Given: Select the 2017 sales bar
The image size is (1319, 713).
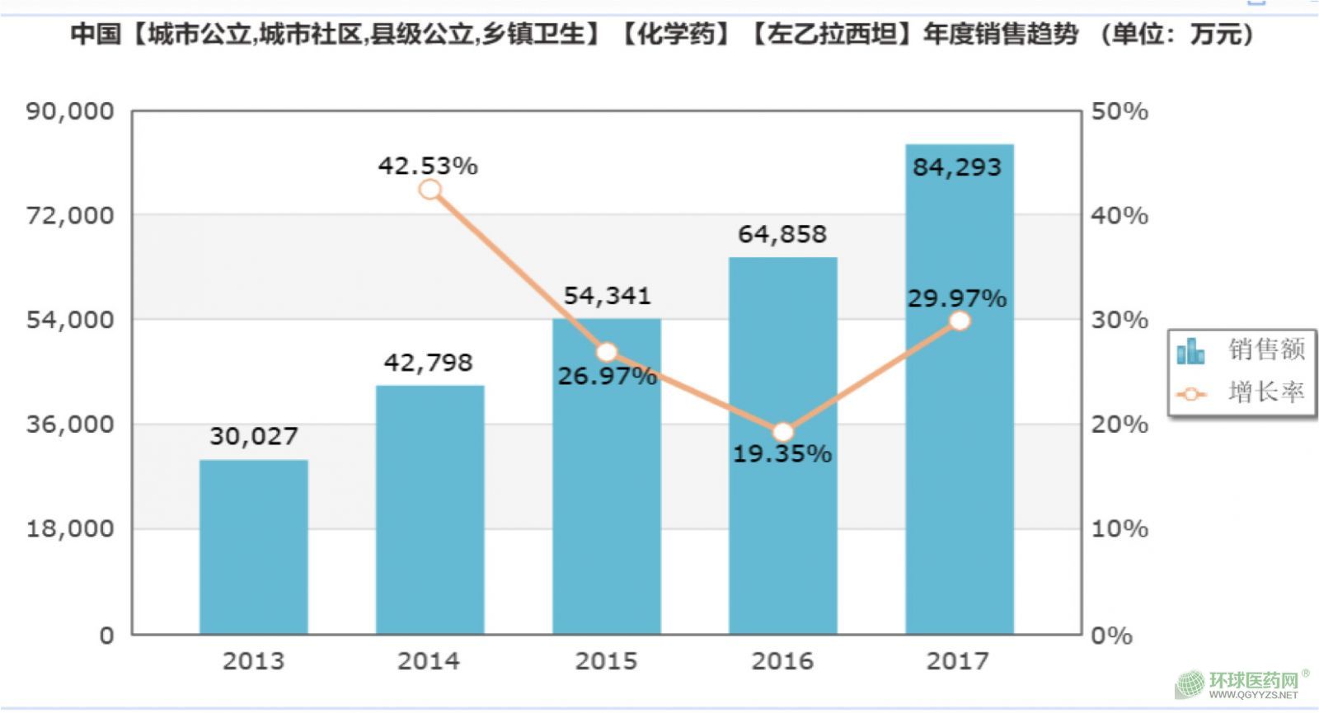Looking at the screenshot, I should [959, 462].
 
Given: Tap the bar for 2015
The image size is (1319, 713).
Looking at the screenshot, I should [607, 495].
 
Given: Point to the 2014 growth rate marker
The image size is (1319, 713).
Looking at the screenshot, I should [429, 190].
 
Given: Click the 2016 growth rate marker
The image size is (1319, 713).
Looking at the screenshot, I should [783, 432].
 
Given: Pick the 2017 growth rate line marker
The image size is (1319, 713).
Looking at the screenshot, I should [960, 321].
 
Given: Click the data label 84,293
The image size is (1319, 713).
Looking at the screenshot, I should [957, 167].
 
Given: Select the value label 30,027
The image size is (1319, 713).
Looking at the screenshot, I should [253, 436].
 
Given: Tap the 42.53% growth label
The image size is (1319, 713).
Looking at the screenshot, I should [428, 166].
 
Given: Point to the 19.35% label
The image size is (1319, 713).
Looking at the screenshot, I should [782, 454].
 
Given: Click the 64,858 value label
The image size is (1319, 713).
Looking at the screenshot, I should [782, 235].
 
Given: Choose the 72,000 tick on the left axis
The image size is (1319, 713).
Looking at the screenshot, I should [70, 216].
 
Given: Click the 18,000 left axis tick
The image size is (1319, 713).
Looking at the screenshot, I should [70, 529].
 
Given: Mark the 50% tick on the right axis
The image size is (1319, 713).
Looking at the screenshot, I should [1120, 111].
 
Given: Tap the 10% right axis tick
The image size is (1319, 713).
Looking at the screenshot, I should [1120, 529].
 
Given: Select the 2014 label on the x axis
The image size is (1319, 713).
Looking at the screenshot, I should [429, 661].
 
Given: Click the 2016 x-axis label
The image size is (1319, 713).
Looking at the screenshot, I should [782, 661].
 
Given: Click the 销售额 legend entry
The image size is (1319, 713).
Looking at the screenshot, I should [1242, 349].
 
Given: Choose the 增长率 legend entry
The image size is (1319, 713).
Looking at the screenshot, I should [1242, 392].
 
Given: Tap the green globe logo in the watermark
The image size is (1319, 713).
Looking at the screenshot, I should [1190, 684].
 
